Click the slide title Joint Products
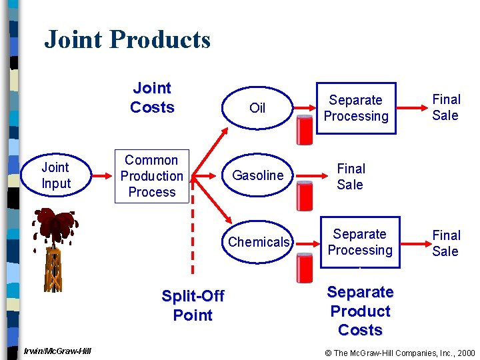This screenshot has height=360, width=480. click(127, 40)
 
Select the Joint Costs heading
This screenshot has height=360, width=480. click(152, 98)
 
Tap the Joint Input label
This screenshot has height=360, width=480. click(55, 175)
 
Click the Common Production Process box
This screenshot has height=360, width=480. click(151, 176)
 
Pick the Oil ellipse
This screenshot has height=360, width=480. click(257, 108)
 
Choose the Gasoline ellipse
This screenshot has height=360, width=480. click(258, 175)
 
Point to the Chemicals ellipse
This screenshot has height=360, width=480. click(259, 242)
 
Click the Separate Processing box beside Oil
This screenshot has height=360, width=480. click(356, 108)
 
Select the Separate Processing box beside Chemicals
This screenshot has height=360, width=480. click(360, 242)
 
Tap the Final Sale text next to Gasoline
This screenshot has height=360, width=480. click(351, 177)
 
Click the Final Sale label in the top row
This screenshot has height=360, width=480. click(446, 107)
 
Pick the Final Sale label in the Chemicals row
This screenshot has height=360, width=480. click(446, 243)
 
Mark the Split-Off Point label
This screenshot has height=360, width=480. click(193, 305)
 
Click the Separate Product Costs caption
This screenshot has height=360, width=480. click(360, 311)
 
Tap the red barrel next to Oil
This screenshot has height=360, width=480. click(305, 131)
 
